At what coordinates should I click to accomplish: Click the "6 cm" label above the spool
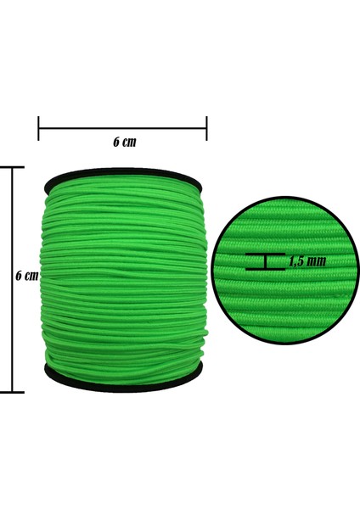[x=124, y=143]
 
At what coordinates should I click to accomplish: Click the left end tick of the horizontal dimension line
[x=39, y=129]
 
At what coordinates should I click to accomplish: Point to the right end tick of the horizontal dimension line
[x=206, y=129]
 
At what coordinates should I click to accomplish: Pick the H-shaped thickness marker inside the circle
[x=265, y=261]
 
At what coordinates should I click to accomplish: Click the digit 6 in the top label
[x=115, y=143]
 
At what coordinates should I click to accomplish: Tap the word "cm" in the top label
[x=129, y=143]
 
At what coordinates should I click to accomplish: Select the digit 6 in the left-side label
[x=20, y=277]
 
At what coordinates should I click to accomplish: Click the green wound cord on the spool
[x=124, y=280]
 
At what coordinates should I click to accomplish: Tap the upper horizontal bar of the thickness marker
[x=265, y=255]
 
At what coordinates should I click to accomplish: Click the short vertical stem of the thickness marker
[x=266, y=261]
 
